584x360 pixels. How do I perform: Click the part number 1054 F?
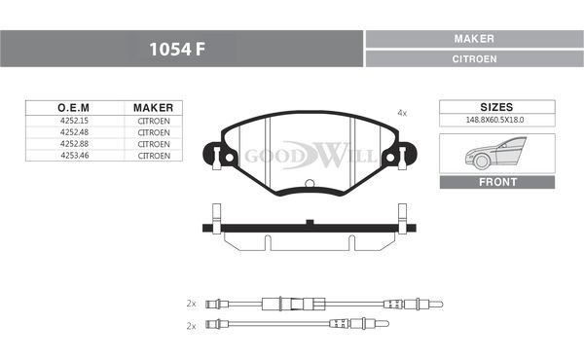[177, 49]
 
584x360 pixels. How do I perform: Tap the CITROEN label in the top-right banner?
[474, 58]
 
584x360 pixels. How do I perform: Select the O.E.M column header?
[73, 108]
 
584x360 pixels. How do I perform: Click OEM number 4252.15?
[75, 121]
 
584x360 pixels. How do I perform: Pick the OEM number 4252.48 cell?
[75, 132]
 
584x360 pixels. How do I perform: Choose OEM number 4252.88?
[75, 144]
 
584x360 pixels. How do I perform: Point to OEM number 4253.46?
[75, 156]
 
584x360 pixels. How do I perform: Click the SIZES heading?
[496, 107]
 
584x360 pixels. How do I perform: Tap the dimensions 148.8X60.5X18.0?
[494, 120]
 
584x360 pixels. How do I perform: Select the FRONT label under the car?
[497, 182]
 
